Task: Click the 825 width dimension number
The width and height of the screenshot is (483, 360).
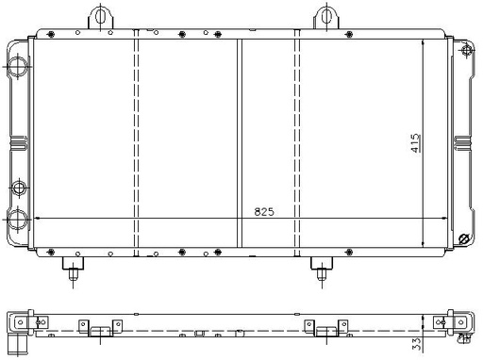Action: point(264,212)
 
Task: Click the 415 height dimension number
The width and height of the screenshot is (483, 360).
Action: point(415,143)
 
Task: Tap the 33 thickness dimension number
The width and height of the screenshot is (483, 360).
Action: point(416,344)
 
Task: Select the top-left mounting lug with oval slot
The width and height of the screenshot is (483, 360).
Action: point(101,17)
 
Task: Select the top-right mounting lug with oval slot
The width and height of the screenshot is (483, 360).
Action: point(326,17)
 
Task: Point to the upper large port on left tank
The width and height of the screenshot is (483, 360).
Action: point(18,66)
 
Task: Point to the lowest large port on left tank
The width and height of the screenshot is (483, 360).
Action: point(18,219)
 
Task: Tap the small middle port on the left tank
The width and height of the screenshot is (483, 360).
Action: point(19,188)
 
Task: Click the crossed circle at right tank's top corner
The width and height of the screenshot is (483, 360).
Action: point(467,51)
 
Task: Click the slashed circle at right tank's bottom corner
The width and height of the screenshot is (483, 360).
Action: point(464,239)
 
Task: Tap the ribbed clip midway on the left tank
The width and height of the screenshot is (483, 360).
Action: point(19,143)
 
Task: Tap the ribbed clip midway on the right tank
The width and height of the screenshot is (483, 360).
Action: point(462,143)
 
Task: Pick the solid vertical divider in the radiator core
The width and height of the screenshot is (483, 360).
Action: point(240,143)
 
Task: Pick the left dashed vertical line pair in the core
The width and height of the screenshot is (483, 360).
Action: point(136,143)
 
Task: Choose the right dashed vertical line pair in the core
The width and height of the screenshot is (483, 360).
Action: point(297,143)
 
